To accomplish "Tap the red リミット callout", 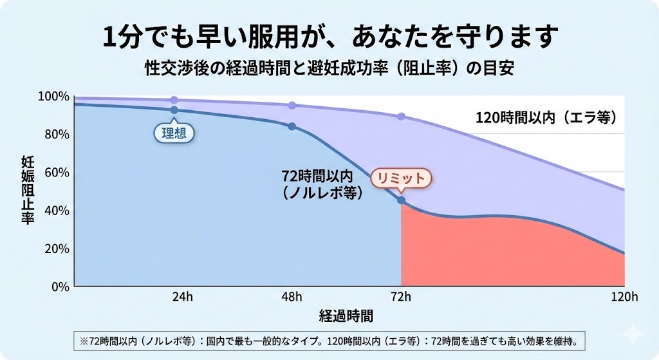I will (400, 178).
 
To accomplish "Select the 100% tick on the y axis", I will (53, 97).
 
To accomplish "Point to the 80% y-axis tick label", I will (57, 135).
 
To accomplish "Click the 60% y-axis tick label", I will (57, 173).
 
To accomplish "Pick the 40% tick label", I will (57, 211).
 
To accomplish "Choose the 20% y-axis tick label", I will (57, 249).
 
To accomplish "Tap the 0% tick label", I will (59, 287).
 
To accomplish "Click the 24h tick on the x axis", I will (182, 297).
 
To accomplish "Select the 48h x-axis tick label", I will (292, 297).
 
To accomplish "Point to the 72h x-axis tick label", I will (401, 297).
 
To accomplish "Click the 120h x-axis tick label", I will (624, 297).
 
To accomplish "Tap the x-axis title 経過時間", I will (346, 316).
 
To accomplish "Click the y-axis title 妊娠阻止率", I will (28, 190).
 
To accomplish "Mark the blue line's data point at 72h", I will (401, 200).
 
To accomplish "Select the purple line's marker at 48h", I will (292, 105).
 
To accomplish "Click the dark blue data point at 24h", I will (174, 110).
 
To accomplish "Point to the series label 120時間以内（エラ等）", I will (546, 118).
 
